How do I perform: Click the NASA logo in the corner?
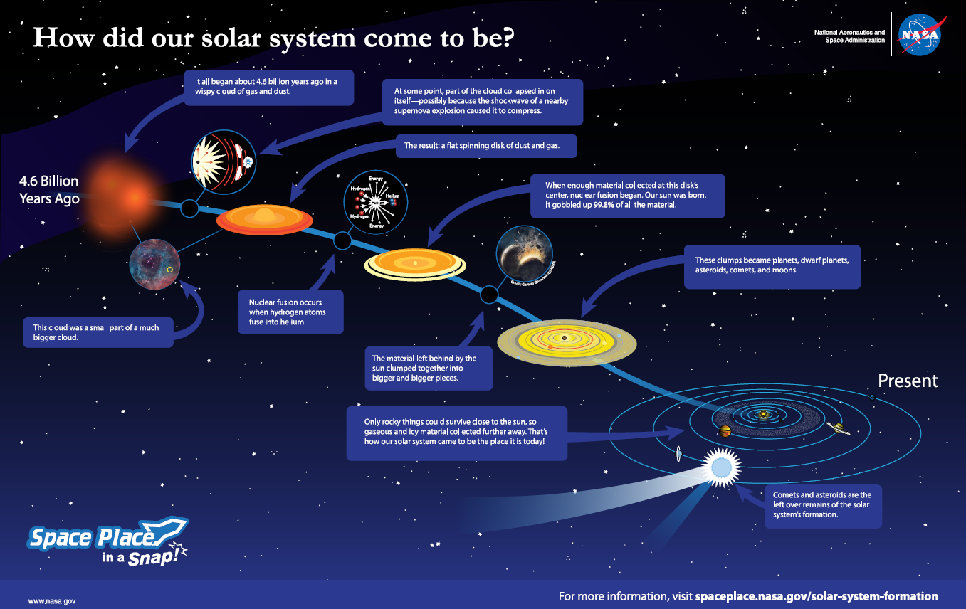pos(919,33)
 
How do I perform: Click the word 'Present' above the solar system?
pos(908,381)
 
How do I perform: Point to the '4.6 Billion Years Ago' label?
pos(48,190)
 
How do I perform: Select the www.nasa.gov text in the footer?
pos(52,601)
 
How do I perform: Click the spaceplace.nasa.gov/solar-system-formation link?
pos(817,596)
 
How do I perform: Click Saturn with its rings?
pos(838,428)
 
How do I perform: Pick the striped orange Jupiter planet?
pos(725,431)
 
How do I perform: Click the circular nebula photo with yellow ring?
pos(154,264)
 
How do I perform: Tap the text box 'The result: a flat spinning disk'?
pos(486,146)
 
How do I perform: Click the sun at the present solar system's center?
pos(763,413)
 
